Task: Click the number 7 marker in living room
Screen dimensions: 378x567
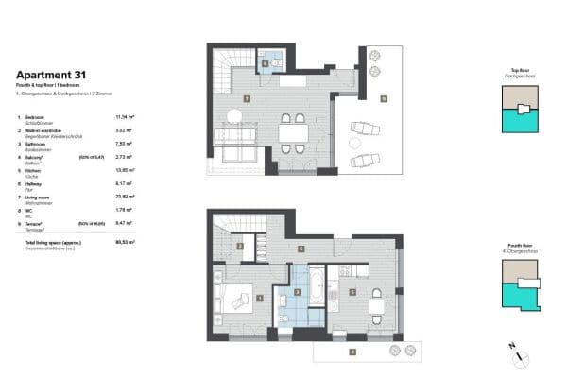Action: click(247, 98)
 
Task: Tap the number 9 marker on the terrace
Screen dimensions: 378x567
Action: click(385, 98)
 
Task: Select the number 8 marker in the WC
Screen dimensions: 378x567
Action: click(266, 64)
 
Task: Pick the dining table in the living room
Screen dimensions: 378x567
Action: click(292, 133)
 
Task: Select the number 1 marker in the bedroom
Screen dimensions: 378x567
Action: click(261, 299)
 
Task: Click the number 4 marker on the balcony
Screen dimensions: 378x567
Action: click(352, 352)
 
